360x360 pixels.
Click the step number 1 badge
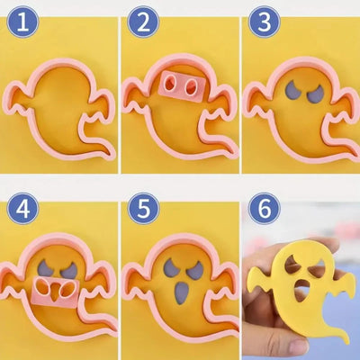pyautogui.click(x=22, y=22)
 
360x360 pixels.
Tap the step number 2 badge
pyautogui.click(x=143, y=22)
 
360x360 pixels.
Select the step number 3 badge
pyautogui.click(x=265, y=22)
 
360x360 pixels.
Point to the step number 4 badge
pyautogui.click(x=22, y=209)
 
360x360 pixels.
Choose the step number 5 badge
pyautogui.click(x=143, y=209)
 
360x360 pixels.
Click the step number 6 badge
pyautogui.click(x=265, y=209)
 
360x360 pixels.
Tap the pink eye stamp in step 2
pyautogui.click(x=182, y=86)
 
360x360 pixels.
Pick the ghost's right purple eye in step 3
pyautogui.click(x=315, y=93)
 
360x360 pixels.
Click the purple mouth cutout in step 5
pyautogui.click(x=181, y=292)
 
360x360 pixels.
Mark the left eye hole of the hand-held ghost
pyautogui.click(x=292, y=264)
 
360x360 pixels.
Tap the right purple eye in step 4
pyautogui.click(x=69, y=269)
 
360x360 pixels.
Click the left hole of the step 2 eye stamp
pyautogui.click(x=170, y=83)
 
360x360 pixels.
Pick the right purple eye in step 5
pyautogui.click(x=195, y=270)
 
